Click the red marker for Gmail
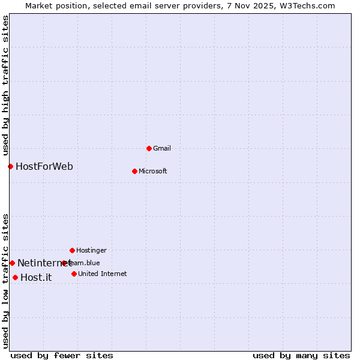[149, 148]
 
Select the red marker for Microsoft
[134, 171]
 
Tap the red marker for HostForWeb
[10, 166]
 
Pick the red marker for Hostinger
[72, 250]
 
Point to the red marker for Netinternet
[12, 263]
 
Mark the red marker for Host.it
[15, 277]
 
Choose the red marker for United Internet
[74, 274]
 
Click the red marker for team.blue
[64, 263]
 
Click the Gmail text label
[162, 148]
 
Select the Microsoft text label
[152, 171]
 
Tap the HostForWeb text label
[44, 166]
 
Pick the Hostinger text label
[91, 250]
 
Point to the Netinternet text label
[43, 263]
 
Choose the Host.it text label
[36, 277]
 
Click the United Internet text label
[102, 274]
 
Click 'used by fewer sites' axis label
[62, 355]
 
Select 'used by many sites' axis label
[301, 355]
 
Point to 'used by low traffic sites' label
[5, 281]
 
